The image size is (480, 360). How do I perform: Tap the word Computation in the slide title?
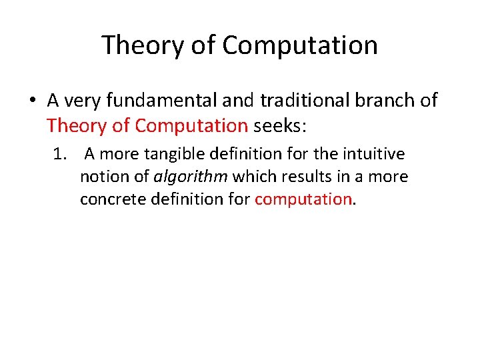click(300, 45)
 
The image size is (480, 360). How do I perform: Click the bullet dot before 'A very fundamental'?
click(31, 101)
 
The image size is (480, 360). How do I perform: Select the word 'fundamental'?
click(168, 101)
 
